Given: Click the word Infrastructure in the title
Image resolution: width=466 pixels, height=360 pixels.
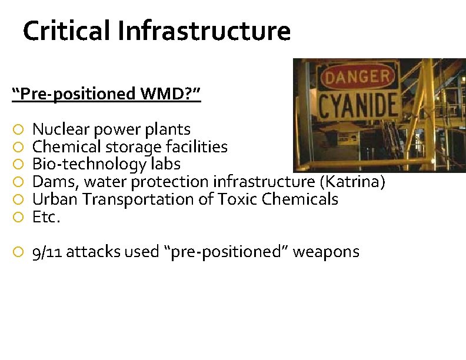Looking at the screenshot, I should tap(204, 31).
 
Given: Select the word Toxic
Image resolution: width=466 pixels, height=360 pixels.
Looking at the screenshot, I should tap(238, 199).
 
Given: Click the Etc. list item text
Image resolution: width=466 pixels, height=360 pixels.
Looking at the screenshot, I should tap(46, 217).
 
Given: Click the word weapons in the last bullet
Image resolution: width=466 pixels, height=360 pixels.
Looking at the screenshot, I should tap(326, 252).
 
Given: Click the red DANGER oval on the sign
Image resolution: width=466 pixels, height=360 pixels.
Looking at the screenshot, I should tap(357, 77).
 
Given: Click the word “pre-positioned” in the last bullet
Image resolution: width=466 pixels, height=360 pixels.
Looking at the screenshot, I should tap(227, 252).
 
